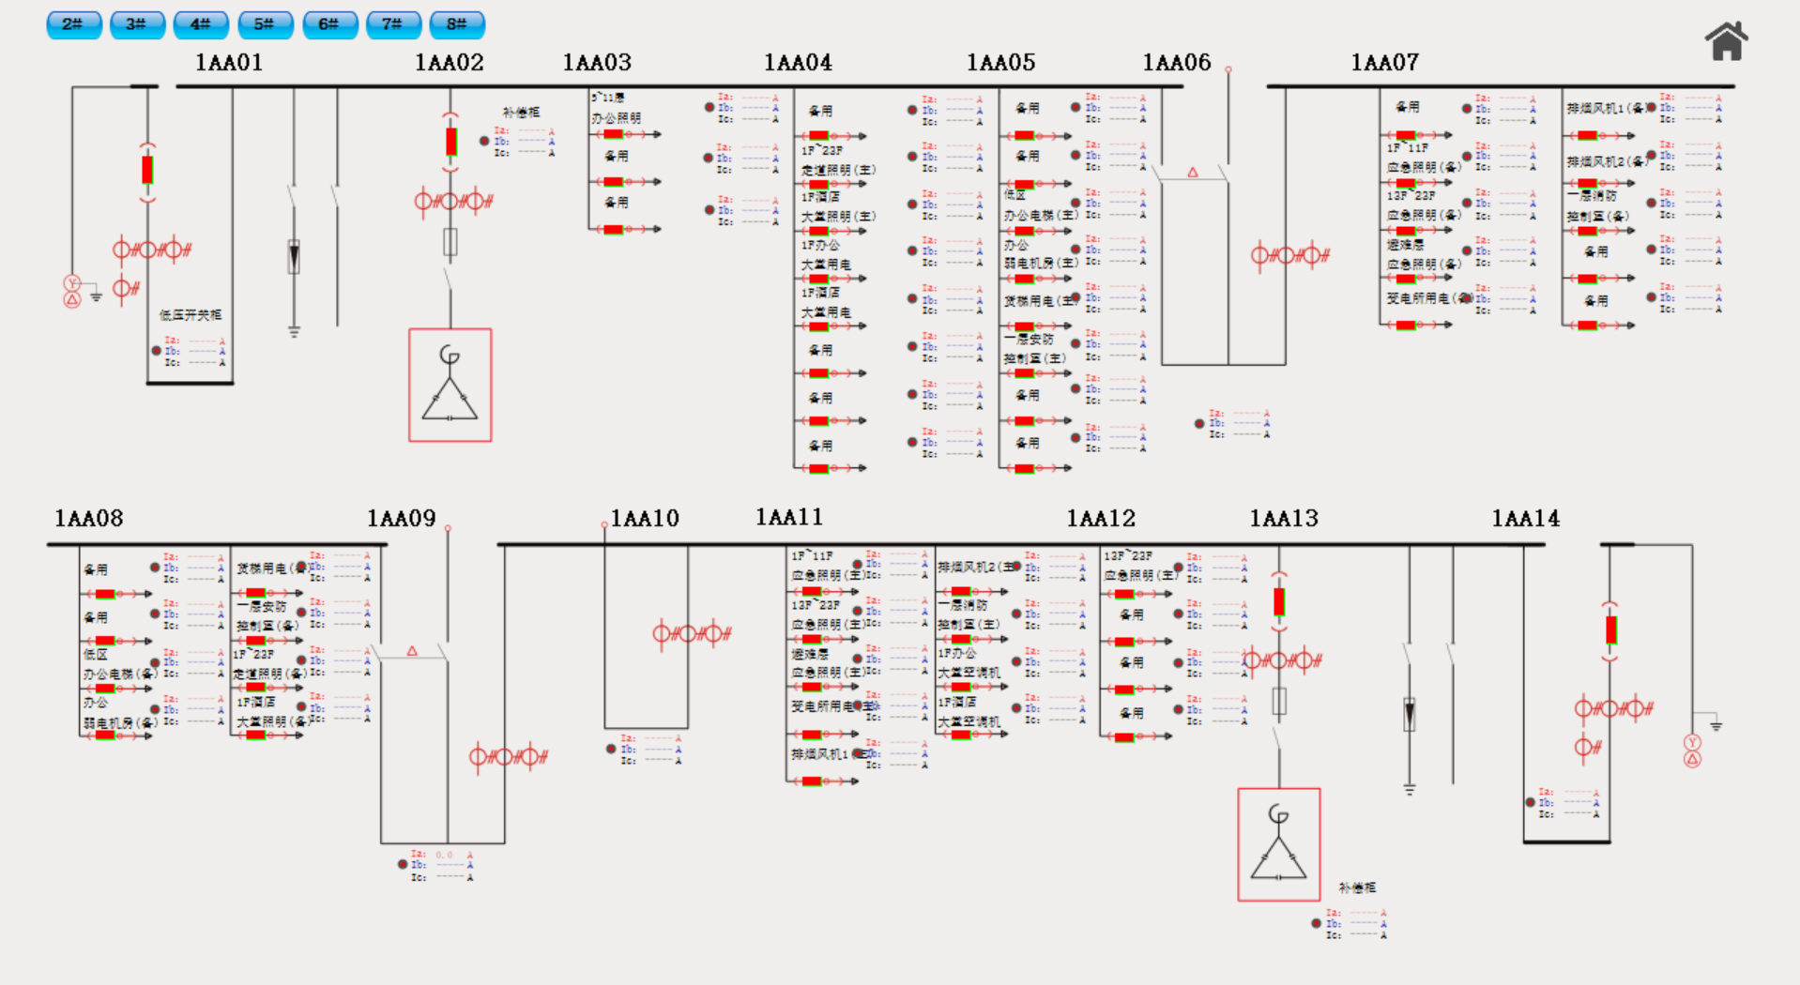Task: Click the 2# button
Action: point(73,24)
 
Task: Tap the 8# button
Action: point(457,24)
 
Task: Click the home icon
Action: point(1726,41)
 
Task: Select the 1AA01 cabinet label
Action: point(229,63)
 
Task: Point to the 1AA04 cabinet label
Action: point(798,63)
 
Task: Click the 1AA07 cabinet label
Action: point(1384,63)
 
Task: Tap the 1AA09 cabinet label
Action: point(401,519)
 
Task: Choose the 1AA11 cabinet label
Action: point(789,517)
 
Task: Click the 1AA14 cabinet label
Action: point(1526,519)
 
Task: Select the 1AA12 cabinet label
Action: point(1101,519)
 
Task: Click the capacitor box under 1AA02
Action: point(450,385)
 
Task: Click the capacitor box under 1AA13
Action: point(1279,844)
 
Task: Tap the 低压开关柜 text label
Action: point(191,315)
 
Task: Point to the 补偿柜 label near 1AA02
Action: point(521,112)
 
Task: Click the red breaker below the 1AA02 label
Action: point(451,142)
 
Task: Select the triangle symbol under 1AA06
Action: point(1193,173)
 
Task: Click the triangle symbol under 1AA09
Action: point(412,650)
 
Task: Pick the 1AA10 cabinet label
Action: point(645,519)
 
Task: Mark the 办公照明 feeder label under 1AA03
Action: point(617,118)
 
